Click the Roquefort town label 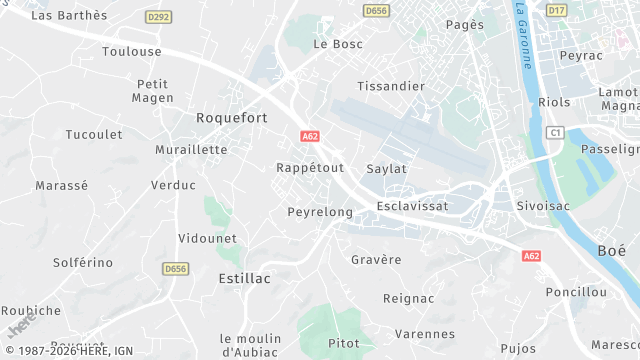[231, 118]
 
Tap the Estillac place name [244, 279]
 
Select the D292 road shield [157, 17]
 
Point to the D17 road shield [557, 10]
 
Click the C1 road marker [555, 132]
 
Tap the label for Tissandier [391, 86]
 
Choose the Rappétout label [309, 168]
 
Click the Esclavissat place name [412, 206]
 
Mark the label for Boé [611, 250]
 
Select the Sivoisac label [543, 206]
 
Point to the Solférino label [83, 262]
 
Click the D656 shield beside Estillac [175, 268]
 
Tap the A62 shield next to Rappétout [309, 135]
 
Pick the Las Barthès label [69, 15]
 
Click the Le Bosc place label [338, 44]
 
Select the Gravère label [376, 260]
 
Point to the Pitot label [343, 344]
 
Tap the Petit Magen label [152, 90]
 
